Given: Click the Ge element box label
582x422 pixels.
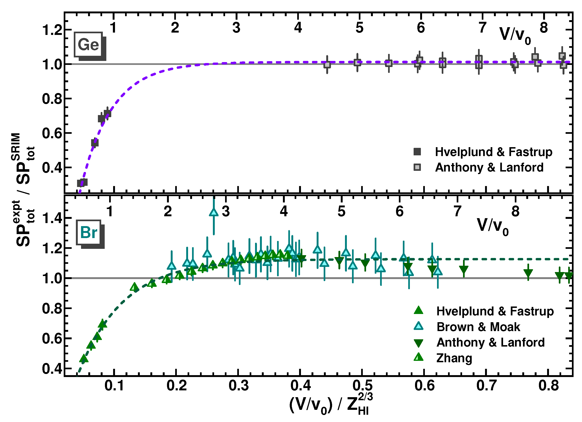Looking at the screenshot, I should coord(88,45).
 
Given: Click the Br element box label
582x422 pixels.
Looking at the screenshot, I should coord(89,233).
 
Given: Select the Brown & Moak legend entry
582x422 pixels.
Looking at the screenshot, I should coord(478,327).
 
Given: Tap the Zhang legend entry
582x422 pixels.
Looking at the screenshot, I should coord(454,358).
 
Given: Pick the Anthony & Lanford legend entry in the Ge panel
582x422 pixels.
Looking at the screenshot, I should coord(489,167).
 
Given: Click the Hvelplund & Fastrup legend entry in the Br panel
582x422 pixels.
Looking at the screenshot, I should coord(495,311).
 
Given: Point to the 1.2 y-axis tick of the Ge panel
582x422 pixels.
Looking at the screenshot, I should coord(52,30).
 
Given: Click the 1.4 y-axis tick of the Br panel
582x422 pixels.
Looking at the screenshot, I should coord(52,218).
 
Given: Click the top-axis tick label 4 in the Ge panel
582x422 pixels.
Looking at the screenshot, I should coord(298,27).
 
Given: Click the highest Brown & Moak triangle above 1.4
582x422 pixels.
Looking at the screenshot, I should coord(214,212).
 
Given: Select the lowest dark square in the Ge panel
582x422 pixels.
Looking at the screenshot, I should coord(82,183).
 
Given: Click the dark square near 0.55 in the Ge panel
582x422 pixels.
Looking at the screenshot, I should coord(95,143).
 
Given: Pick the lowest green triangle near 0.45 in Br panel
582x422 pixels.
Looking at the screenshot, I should coord(84,359).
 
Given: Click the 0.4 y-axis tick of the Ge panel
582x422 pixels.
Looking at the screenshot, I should coord(52,168).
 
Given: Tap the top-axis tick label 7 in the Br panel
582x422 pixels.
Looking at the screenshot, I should coord(457,212).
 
